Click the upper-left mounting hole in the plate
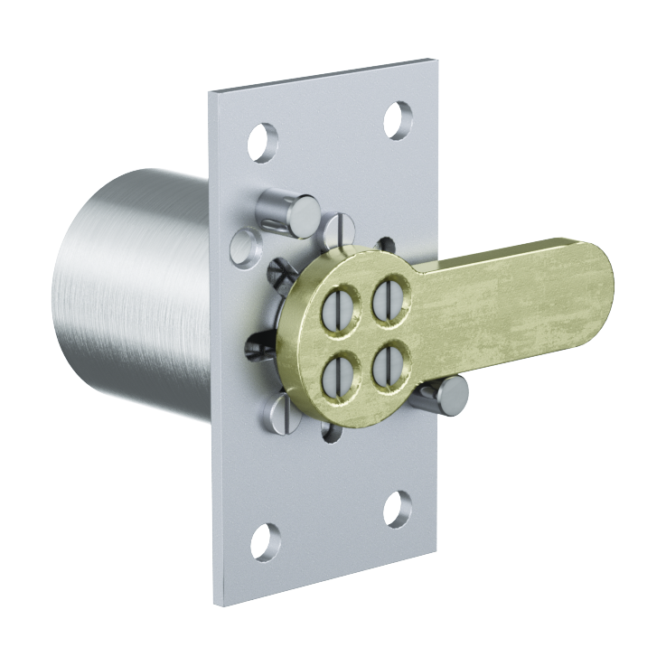pos(263,142)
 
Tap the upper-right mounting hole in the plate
pos(398,119)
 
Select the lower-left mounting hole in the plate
pos(265,540)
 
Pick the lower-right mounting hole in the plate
pos(398,510)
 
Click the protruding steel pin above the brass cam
pos(287,214)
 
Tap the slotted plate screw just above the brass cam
pos(340,230)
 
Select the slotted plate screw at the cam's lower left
pos(281,412)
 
